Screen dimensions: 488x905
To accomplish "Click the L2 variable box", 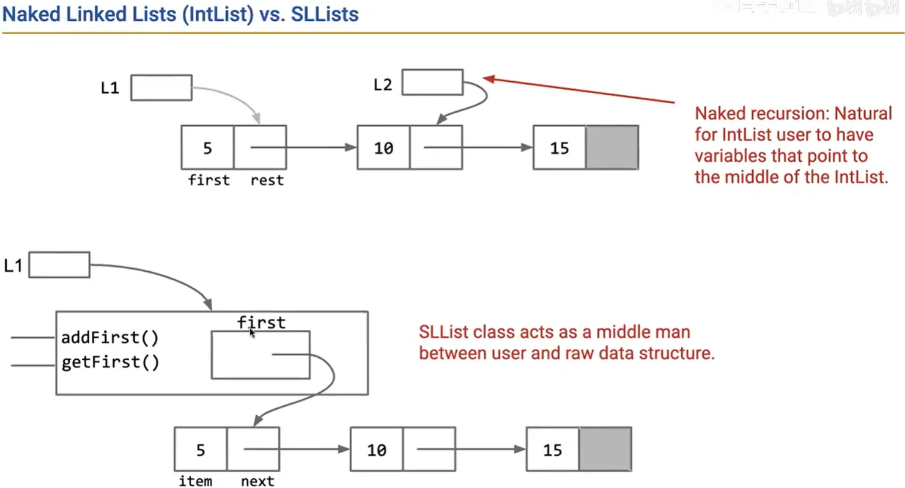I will pyautogui.click(x=432, y=82).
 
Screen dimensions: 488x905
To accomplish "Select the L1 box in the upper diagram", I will pyautogui.click(x=161, y=87).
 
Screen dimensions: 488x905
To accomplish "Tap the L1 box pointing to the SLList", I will pyautogui.click(x=59, y=264).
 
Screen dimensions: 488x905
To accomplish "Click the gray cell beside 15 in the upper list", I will pyautogui.click(x=612, y=147).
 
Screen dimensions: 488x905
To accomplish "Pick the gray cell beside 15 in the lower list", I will pyautogui.click(x=605, y=449).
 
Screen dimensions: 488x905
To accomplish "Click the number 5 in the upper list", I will pyautogui.click(x=208, y=148).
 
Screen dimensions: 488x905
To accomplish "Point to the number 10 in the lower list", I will pyautogui.click(x=377, y=450).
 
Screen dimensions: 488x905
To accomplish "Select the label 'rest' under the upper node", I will pyautogui.click(x=267, y=180).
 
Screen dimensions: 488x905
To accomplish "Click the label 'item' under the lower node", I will pyautogui.click(x=196, y=481).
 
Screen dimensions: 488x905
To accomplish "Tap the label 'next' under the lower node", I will pyautogui.click(x=257, y=481).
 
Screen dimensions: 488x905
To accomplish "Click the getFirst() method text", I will pyautogui.click(x=110, y=363).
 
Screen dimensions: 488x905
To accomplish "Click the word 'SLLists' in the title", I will pyautogui.click(x=325, y=15).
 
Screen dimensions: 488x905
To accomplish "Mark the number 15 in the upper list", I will pyautogui.click(x=559, y=148).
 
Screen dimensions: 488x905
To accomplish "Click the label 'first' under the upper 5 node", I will pyautogui.click(x=209, y=180).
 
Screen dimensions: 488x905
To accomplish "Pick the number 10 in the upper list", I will pyautogui.click(x=383, y=148).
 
